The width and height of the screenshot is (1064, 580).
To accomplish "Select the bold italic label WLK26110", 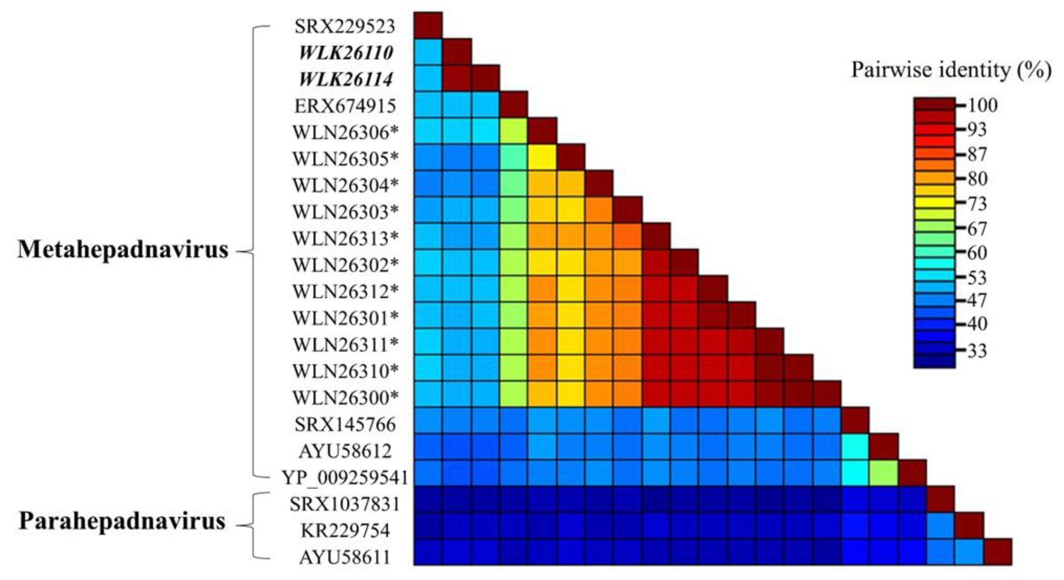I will tap(346, 53).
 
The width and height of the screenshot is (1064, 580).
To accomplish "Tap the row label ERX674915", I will tap(345, 106).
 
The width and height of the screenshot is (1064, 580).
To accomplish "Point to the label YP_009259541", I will tap(345, 478).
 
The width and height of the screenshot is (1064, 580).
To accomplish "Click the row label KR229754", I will tap(345, 531).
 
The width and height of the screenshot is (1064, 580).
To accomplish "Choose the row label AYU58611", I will tap(345, 557).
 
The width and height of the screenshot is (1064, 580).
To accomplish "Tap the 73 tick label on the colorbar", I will tap(977, 204).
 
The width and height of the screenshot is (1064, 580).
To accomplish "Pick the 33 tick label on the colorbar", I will tap(977, 351).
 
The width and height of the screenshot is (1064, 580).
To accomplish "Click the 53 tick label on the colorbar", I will tap(977, 278).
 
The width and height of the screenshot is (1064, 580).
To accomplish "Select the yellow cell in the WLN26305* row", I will tap(542, 157).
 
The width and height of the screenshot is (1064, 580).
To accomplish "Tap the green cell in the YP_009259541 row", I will tap(883, 472).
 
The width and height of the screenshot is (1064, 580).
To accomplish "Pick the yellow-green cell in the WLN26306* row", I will tap(514, 131).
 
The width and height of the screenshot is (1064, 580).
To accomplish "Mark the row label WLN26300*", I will tap(346, 398).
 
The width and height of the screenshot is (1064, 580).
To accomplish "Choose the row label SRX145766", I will tap(345, 425).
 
